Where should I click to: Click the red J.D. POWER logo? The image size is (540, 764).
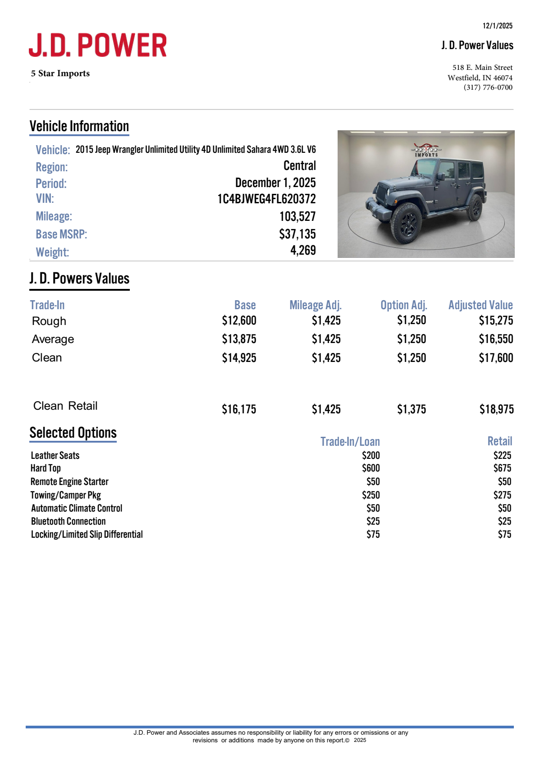[x=98, y=45]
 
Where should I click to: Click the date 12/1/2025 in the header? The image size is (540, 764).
[x=497, y=26]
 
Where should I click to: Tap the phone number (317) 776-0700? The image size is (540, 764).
[x=488, y=87]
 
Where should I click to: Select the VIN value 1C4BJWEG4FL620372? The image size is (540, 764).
[x=266, y=199]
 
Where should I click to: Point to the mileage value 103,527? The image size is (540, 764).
[x=297, y=216]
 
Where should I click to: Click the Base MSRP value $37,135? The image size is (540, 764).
[x=297, y=234]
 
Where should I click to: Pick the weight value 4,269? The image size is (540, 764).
[x=303, y=251]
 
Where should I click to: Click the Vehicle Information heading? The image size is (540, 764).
[x=79, y=126]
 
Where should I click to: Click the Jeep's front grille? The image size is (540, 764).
[x=382, y=194]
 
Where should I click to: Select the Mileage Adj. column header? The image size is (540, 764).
[x=315, y=305]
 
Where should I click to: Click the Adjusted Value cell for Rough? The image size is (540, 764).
[x=496, y=320]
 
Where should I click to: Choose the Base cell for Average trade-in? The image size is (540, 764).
[x=239, y=339]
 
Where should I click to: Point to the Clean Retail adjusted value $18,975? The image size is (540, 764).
[x=496, y=409]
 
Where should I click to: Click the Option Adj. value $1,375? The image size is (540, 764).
[x=411, y=409]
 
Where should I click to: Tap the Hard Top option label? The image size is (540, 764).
[x=46, y=468]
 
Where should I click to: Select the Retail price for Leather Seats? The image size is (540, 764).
[x=502, y=455]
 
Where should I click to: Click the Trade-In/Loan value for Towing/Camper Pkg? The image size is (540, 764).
[x=371, y=495]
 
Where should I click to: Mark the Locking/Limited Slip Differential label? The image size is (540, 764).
[x=87, y=534]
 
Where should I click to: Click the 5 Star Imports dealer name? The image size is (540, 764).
[x=60, y=73]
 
